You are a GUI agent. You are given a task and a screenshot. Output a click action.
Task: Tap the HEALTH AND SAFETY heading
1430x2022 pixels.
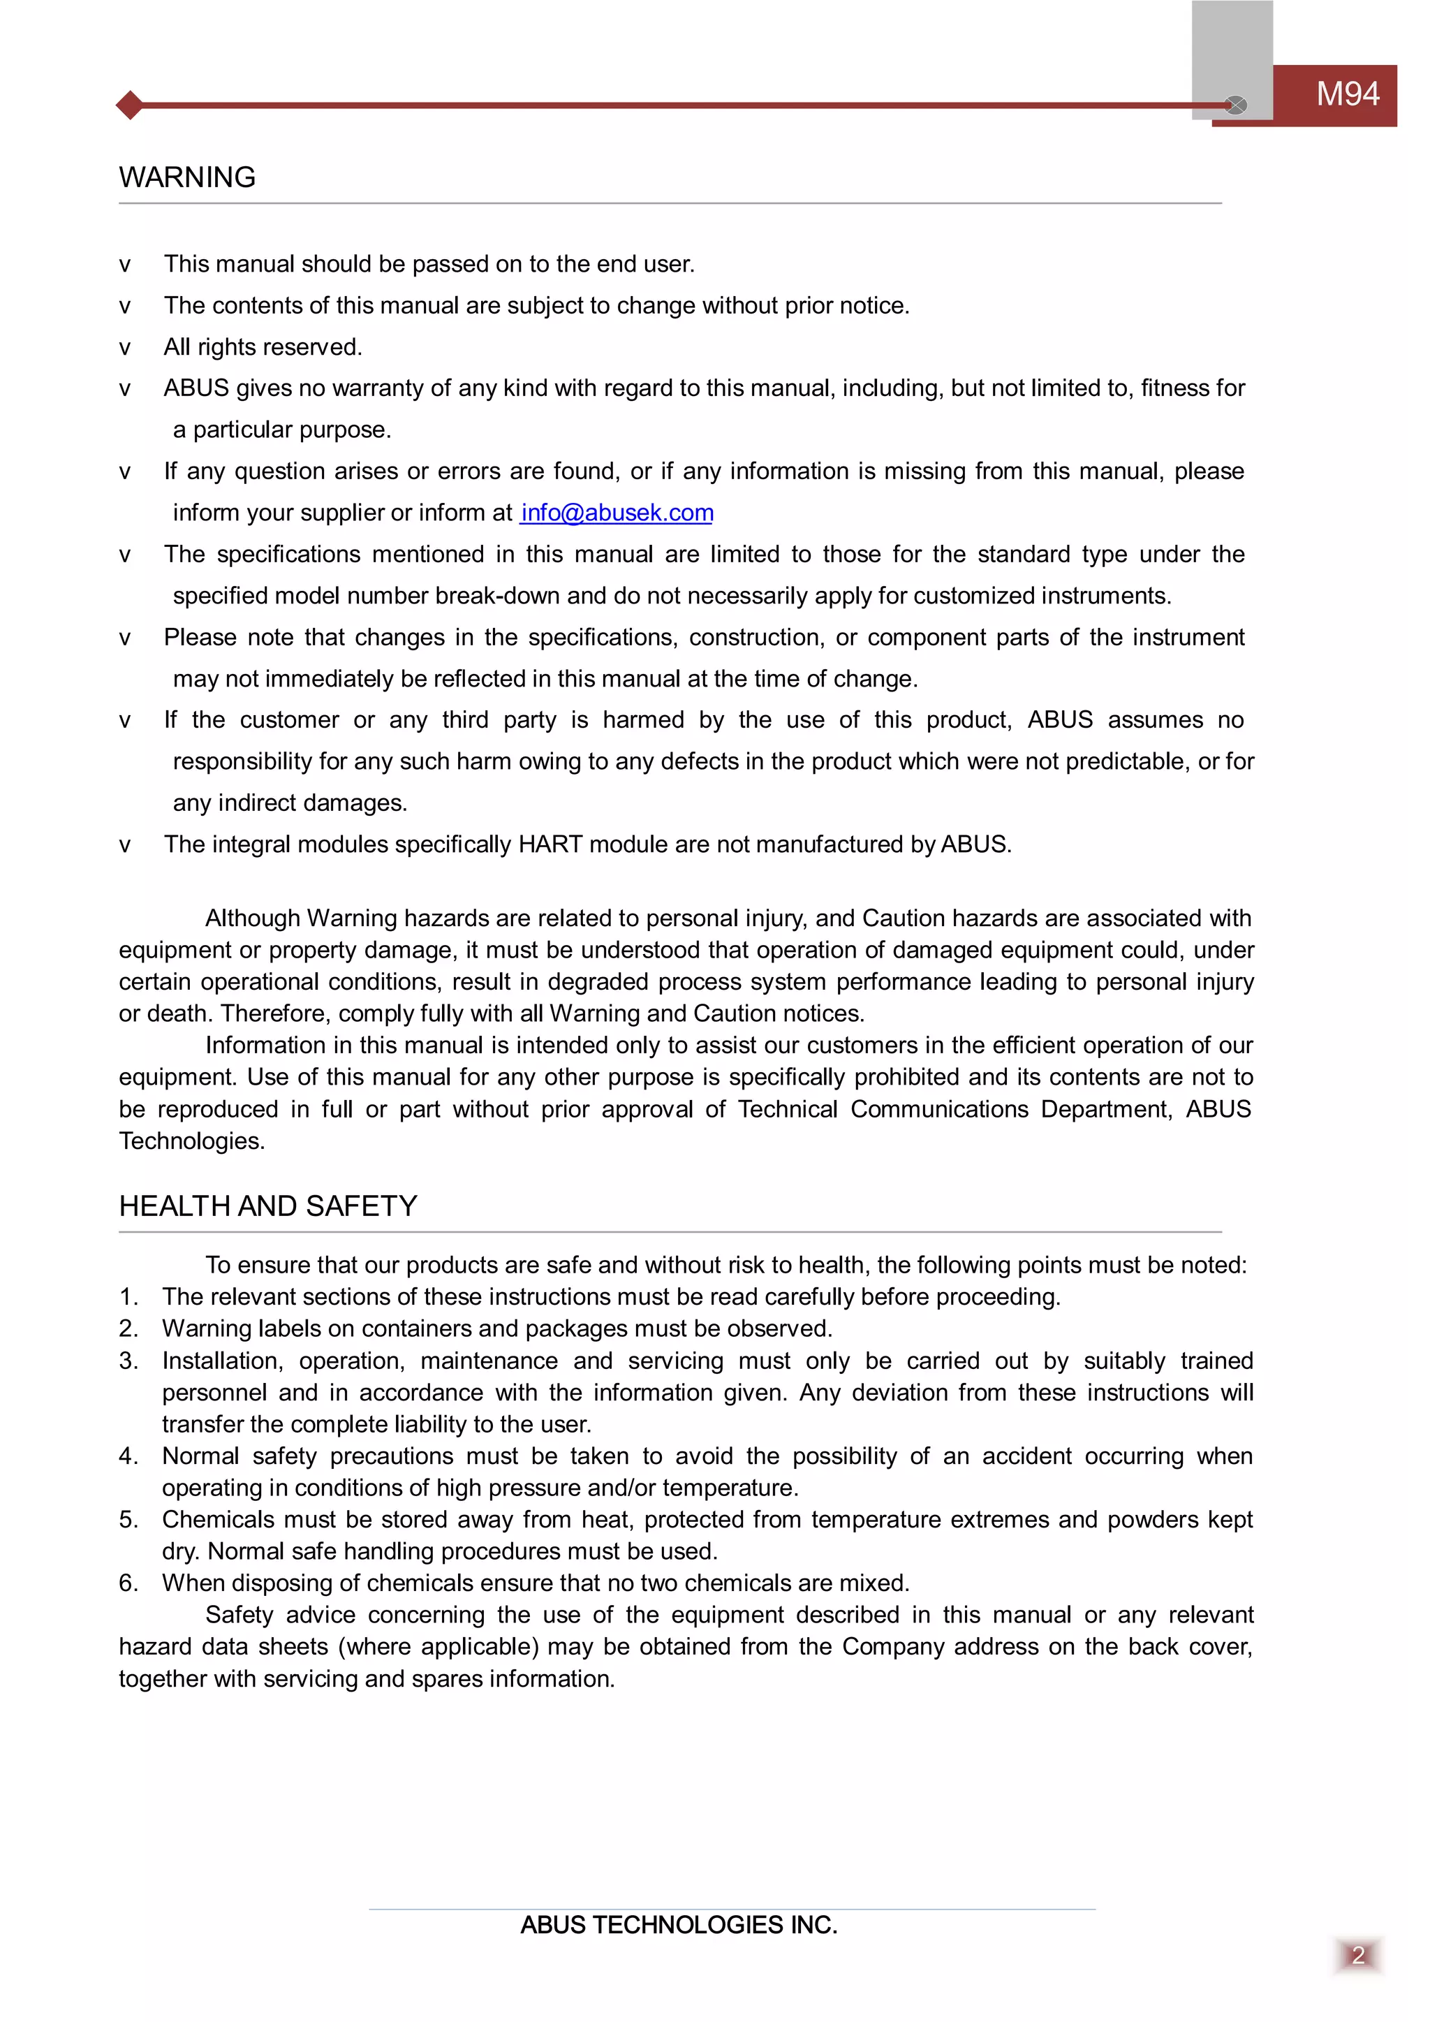click(x=267, y=1206)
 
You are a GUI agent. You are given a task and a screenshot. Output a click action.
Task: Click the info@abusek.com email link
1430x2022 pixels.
click(x=617, y=513)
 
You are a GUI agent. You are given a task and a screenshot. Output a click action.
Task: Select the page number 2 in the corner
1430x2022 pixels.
click(x=1358, y=1955)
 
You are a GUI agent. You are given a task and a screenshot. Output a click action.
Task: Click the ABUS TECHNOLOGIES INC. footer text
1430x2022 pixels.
click(x=678, y=1925)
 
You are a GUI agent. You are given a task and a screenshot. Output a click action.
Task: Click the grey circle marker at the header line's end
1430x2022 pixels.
click(x=1237, y=105)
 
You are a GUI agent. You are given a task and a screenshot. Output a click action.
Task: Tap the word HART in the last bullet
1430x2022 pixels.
click(x=550, y=844)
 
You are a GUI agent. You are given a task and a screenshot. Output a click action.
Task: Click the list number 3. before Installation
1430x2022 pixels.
click(x=128, y=1361)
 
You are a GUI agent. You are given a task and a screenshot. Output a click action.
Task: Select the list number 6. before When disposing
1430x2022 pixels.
click(x=128, y=1583)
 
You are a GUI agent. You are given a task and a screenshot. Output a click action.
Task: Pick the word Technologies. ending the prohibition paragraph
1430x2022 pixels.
click(x=191, y=1141)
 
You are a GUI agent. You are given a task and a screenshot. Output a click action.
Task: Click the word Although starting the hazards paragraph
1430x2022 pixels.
click(x=253, y=918)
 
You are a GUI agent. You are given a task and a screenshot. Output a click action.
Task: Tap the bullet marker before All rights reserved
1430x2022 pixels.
click(x=125, y=348)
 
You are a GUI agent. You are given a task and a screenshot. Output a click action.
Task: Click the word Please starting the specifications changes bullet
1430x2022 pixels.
click(x=200, y=638)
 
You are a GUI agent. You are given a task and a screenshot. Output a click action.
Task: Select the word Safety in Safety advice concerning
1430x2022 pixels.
click(x=239, y=1615)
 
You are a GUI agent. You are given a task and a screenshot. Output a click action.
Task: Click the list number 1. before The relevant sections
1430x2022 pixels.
click(x=128, y=1297)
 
